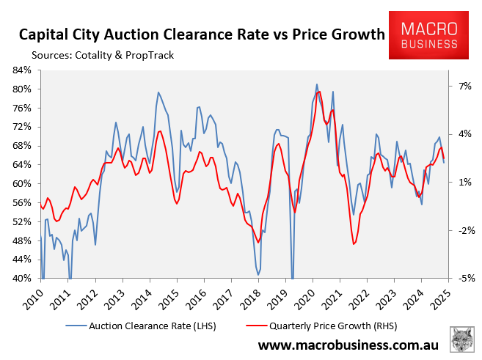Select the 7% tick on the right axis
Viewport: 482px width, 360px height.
pos(460,86)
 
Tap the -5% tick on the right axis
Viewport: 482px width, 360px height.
pos(460,279)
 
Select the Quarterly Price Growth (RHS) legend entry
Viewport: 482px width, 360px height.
pos(309,325)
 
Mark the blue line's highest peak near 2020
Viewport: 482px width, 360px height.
pos(316,84)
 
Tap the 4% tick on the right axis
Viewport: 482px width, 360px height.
pos(460,134)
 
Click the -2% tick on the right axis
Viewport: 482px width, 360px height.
pos(460,230)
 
